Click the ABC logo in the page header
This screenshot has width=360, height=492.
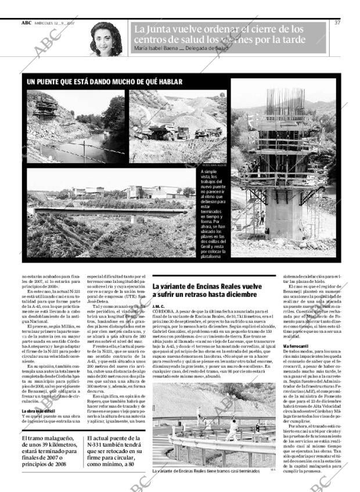point(27,23)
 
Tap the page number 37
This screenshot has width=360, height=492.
point(337,23)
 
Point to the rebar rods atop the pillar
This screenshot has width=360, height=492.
point(285,102)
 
